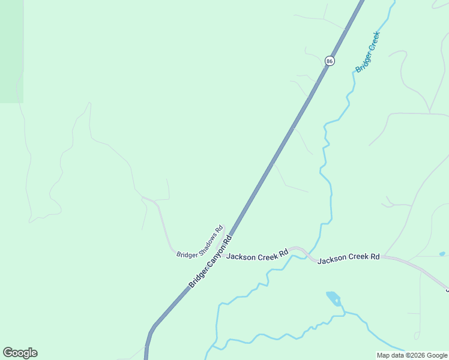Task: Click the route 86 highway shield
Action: coord(330,61)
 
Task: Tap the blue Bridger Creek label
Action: coord(367,52)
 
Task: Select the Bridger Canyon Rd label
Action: coord(210,262)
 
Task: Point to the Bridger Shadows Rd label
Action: coord(199,242)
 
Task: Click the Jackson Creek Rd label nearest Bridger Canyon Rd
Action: coord(257,254)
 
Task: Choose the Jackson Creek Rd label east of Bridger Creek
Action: coord(348,258)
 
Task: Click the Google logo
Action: coord(20,353)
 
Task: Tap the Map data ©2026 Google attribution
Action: coord(412,355)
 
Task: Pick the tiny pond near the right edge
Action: coord(442,254)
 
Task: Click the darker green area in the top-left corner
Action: coord(11,51)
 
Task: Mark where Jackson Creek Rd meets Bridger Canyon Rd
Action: coord(223,247)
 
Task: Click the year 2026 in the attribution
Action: coord(417,355)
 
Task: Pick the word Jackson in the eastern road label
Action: coord(331,259)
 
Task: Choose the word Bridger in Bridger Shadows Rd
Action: coord(186,252)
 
